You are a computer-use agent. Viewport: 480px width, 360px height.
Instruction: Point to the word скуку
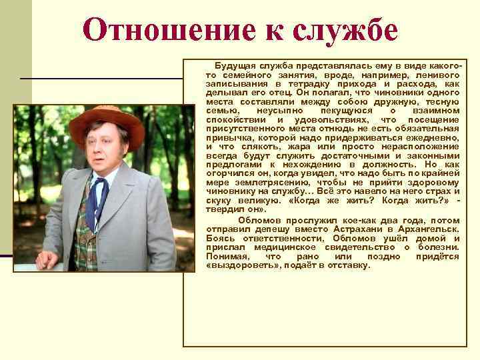click(220, 198)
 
